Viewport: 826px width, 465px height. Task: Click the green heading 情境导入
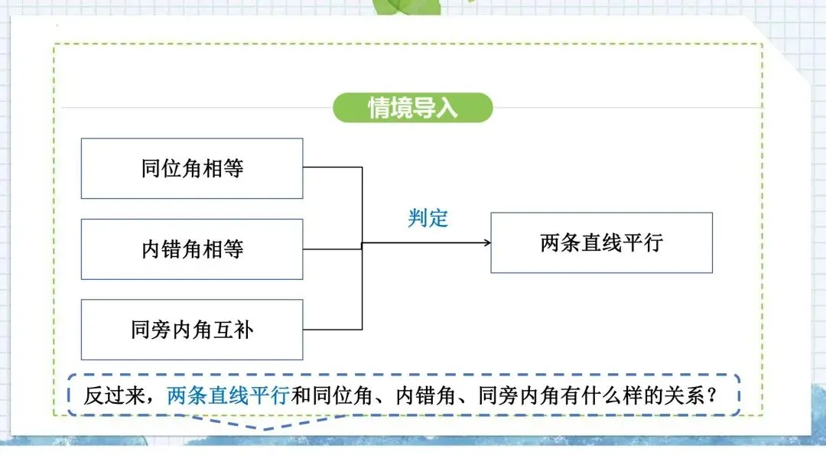coord(413,108)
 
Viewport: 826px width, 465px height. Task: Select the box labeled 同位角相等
coord(192,168)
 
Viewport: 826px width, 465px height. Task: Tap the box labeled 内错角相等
coord(192,249)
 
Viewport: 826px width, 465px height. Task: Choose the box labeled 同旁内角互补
coord(192,330)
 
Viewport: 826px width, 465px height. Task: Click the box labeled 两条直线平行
coord(601,242)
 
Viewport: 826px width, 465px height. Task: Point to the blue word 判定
coord(428,218)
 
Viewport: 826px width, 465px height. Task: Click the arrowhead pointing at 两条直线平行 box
coord(486,243)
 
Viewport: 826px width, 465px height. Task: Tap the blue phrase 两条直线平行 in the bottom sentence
coord(228,395)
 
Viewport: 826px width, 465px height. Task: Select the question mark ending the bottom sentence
coord(711,395)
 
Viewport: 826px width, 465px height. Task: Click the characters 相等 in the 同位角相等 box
coord(226,168)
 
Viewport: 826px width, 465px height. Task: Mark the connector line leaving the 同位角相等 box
coord(333,167)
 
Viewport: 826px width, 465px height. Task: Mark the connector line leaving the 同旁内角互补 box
coord(333,330)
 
